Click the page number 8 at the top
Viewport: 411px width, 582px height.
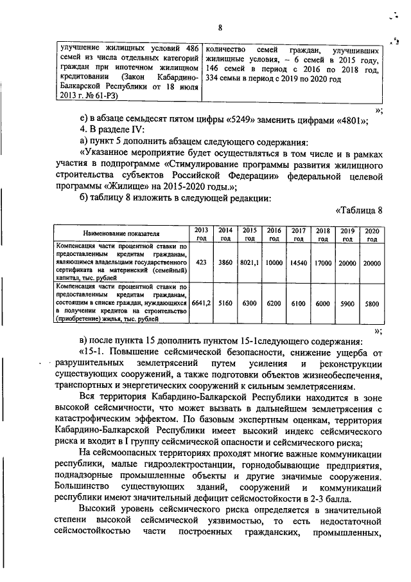[220, 27]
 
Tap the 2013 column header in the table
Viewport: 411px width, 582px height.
[201, 234]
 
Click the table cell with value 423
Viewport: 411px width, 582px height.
[201, 262]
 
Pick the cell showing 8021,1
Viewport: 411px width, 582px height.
[249, 262]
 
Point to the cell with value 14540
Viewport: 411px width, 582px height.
[298, 262]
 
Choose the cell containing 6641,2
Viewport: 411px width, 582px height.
[201, 302]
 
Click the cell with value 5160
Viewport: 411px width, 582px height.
[225, 302]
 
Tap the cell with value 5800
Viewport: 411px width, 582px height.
[371, 302]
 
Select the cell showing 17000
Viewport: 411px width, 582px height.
[322, 262]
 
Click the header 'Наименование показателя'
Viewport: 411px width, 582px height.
[119, 234]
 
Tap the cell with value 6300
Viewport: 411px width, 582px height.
[249, 302]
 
